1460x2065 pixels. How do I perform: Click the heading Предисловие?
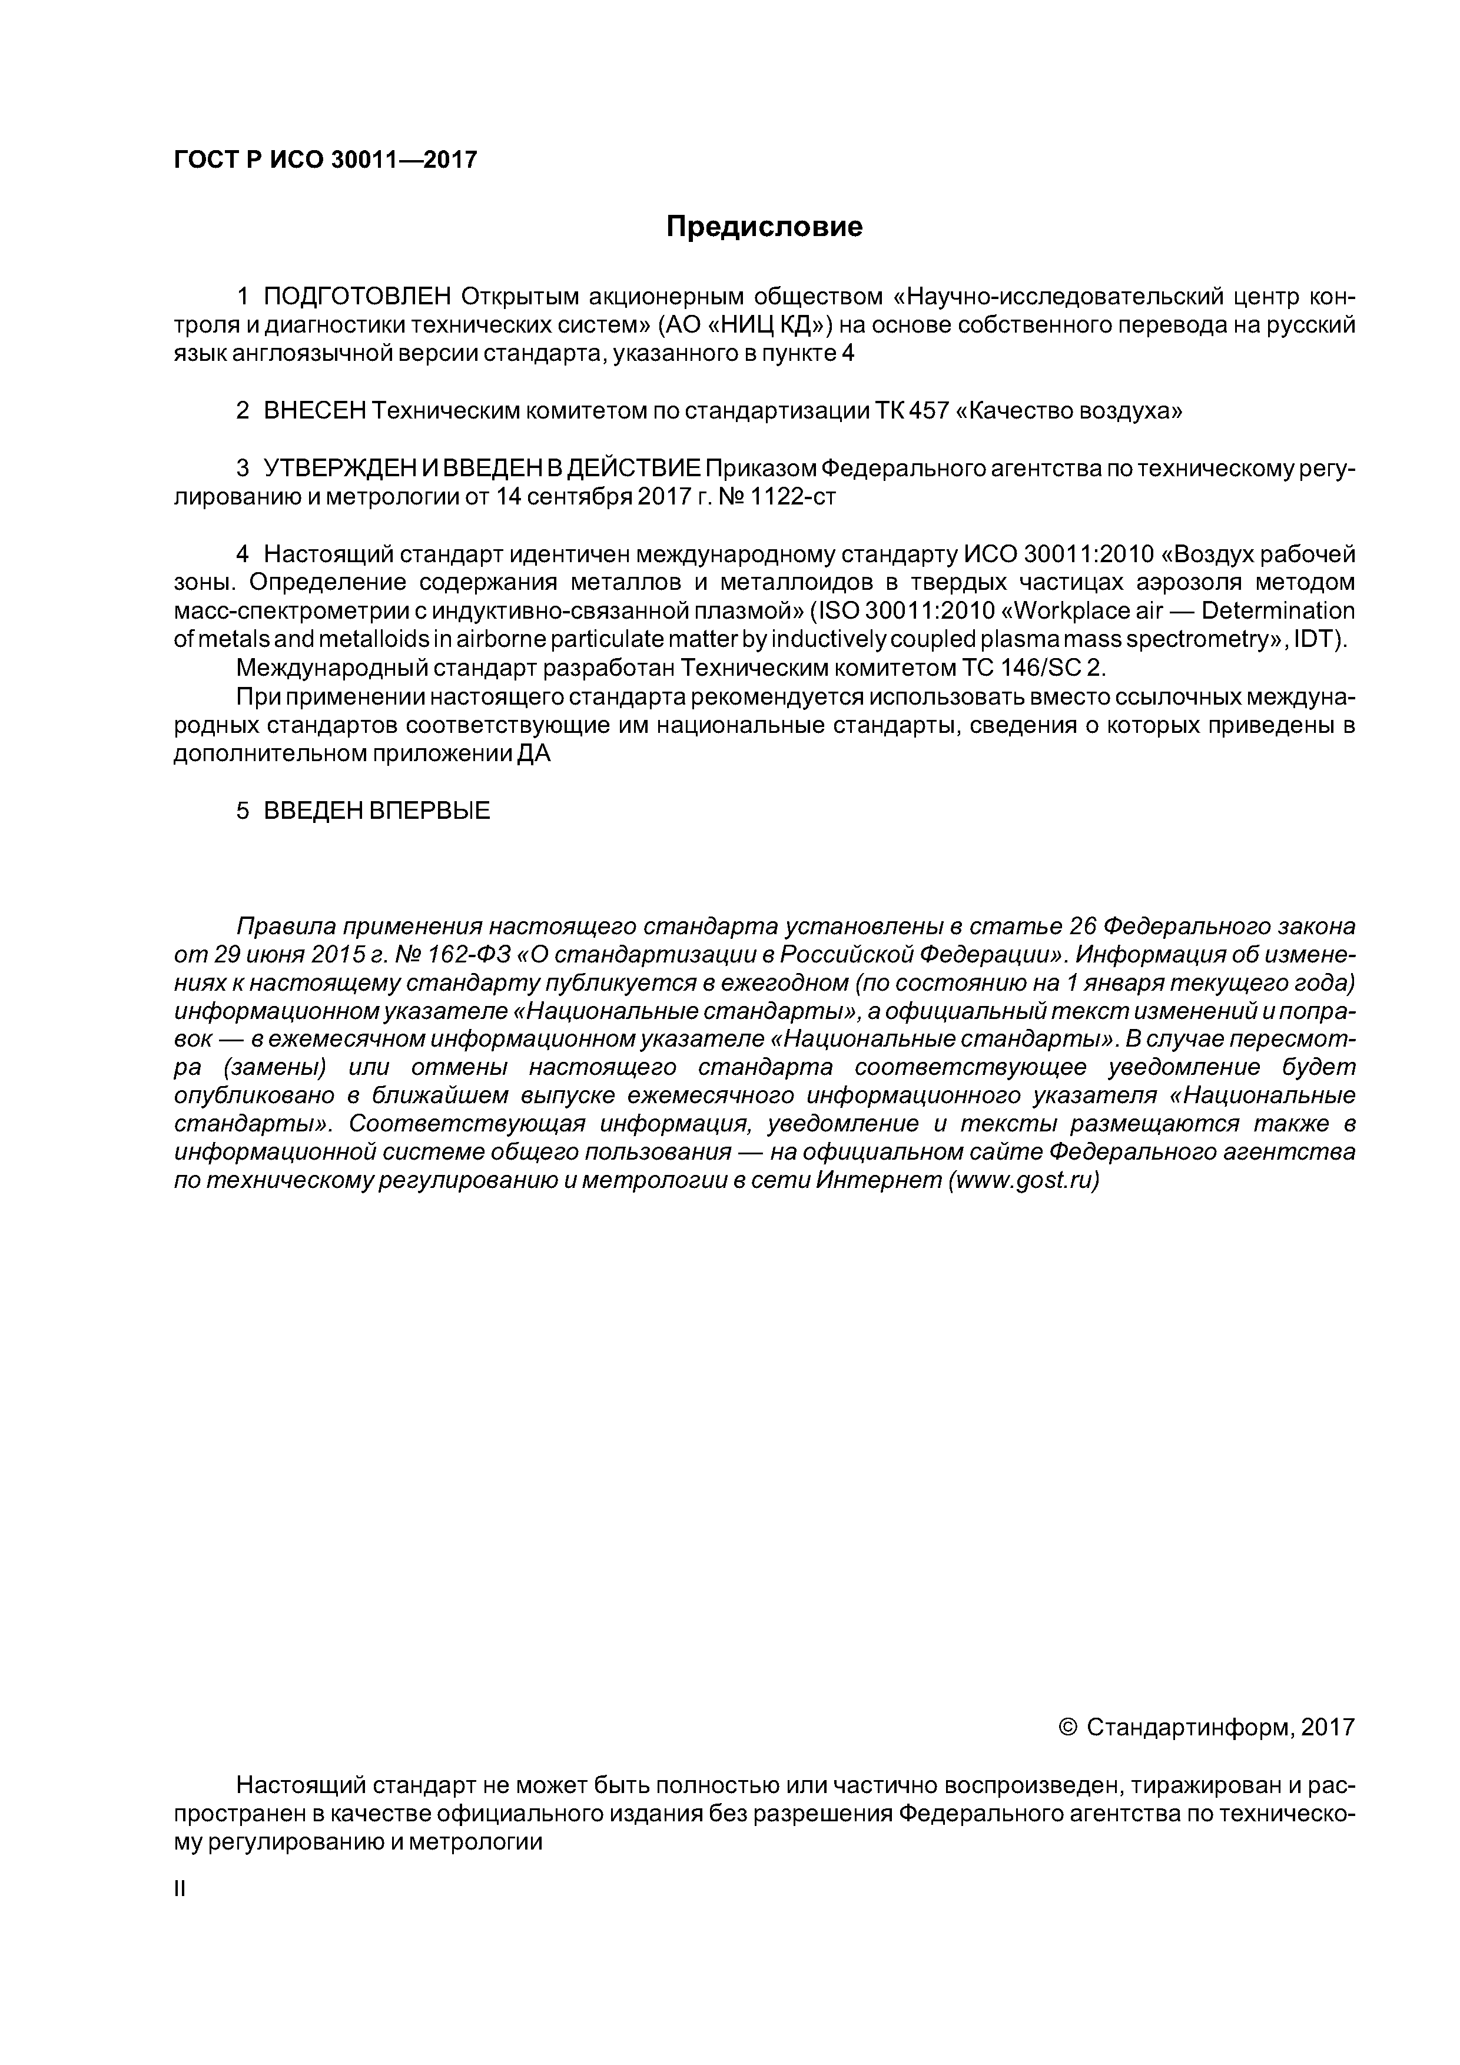764,227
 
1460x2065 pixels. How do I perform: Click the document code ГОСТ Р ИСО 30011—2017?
325,160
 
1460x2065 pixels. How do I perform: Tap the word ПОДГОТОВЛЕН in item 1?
357,297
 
